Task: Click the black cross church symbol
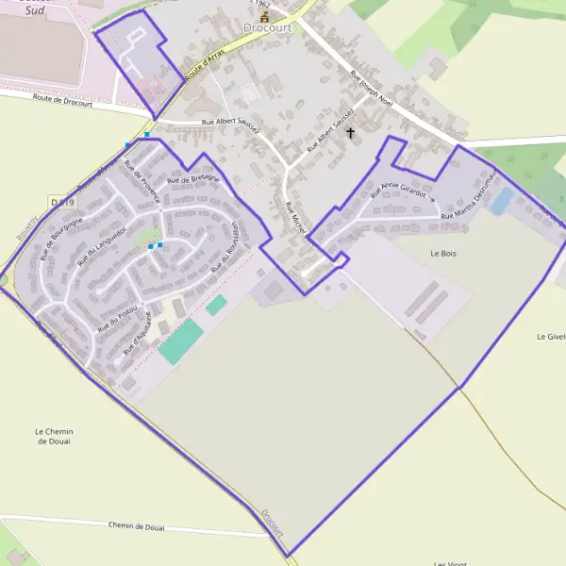click(x=351, y=133)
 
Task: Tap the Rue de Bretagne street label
click(x=192, y=179)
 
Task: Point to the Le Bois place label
click(x=442, y=254)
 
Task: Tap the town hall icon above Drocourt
click(x=265, y=16)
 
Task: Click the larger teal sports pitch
click(x=180, y=341)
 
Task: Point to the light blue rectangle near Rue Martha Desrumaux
click(x=502, y=200)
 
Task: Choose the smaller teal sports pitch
click(x=217, y=305)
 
